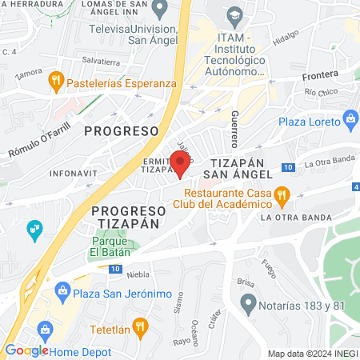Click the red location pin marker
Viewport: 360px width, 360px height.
coord(179,163)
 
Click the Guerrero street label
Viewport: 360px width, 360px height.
coord(234,129)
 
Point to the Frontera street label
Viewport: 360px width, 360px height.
coord(321,77)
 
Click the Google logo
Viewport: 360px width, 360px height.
coord(26,350)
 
